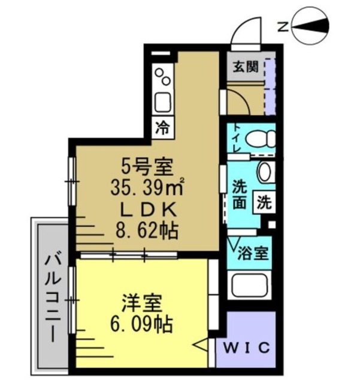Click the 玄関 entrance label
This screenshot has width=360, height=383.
point(246,66)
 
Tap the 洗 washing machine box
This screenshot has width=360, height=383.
point(264,202)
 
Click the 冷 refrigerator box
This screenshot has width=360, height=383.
point(162,127)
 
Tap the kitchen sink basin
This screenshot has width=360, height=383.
point(163,101)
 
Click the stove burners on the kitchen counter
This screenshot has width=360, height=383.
point(162,76)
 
